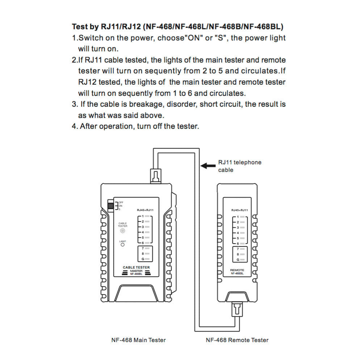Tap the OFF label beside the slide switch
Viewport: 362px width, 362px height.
[121, 202]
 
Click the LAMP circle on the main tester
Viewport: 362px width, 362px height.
[123, 245]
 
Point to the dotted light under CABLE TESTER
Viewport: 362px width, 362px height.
[123, 231]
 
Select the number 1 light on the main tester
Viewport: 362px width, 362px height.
[147, 216]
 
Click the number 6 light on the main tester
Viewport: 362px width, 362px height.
[147, 243]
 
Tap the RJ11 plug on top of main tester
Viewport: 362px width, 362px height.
[155, 176]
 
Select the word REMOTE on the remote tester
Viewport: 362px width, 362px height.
[237, 270]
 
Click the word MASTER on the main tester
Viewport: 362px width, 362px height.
[136, 271]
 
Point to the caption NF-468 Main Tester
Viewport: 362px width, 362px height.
[138, 340]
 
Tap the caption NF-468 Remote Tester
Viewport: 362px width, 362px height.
[237, 340]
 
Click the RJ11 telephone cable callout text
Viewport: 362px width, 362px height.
[239, 166]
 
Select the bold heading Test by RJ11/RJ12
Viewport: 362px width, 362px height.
[177, 27]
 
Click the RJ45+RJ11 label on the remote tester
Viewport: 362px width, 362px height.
[240, 210]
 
